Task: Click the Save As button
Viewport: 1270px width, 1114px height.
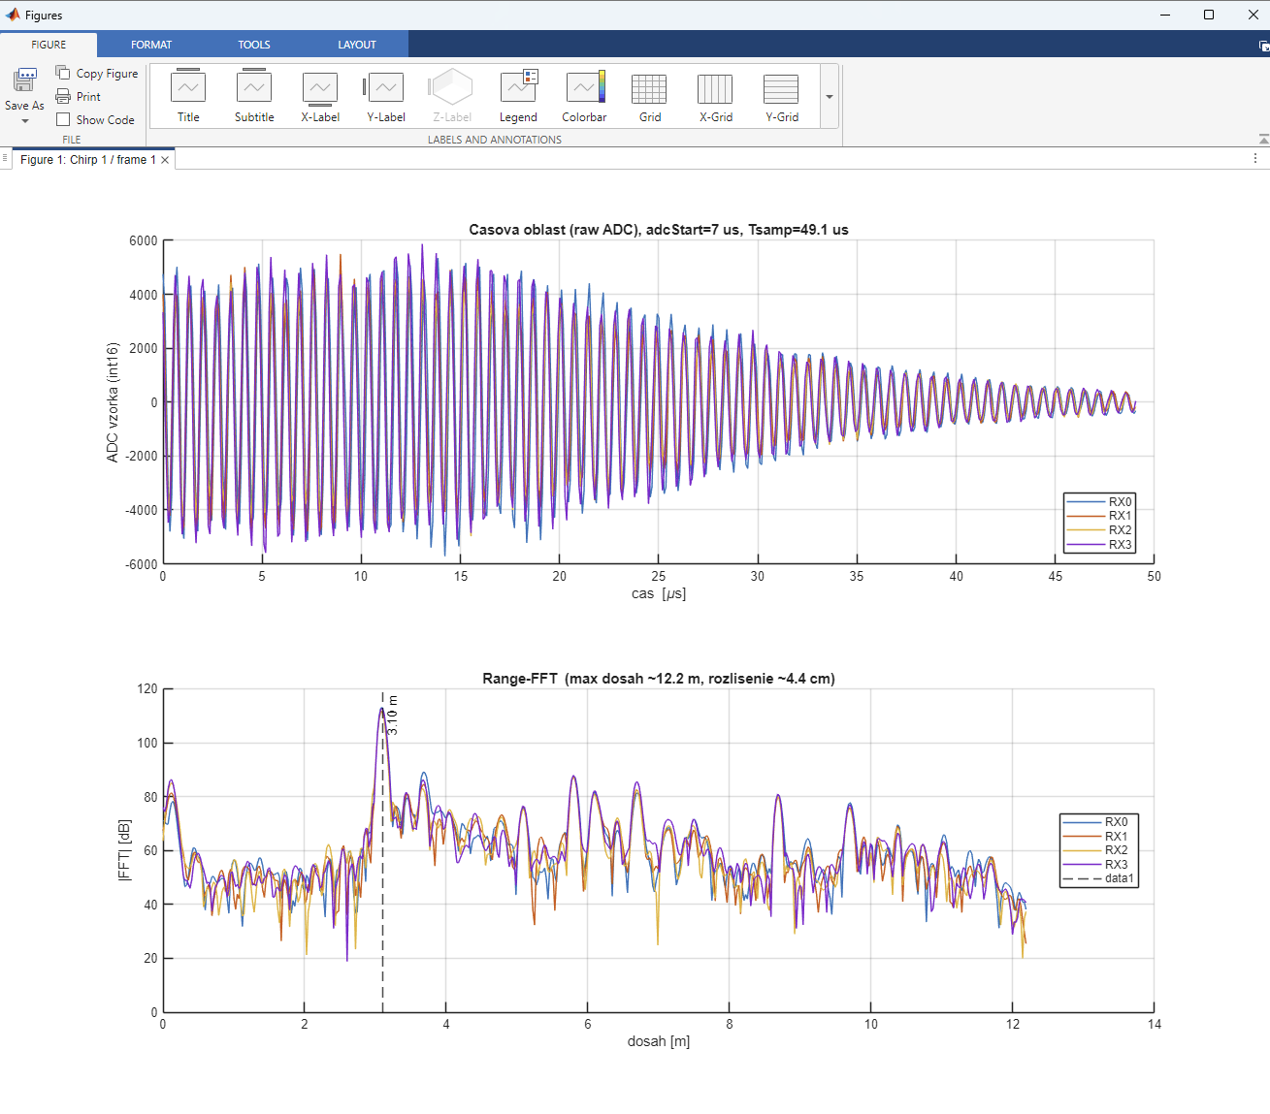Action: tap(24, 95)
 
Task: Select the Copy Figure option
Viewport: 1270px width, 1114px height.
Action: tap(96, 74)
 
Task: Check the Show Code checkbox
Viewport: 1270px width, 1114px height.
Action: tap(63, 119)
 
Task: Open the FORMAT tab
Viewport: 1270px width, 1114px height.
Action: tap(151, 45)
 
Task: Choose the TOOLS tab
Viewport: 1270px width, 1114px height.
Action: tap(254, 45)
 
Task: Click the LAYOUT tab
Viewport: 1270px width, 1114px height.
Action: tap(357, 45)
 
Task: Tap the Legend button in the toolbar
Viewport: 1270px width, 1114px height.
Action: tap(518, 96)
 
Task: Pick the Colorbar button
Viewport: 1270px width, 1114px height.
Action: tap(584, 96)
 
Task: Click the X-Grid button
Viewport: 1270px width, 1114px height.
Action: tap(716, 96)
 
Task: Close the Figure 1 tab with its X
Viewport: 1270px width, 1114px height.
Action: tap(165, 160)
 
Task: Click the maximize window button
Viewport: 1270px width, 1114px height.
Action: tap(1209, 15)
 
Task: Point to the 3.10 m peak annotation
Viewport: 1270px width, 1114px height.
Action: tap(392, 715)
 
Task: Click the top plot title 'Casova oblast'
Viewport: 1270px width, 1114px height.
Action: tap(658, 230)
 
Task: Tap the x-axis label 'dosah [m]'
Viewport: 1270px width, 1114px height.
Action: tap(658, 1041)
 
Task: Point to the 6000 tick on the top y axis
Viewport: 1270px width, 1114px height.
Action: tap(143, 241)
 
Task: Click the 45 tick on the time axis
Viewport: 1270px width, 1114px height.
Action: tap(1055, 577)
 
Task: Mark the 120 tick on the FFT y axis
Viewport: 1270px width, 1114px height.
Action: tap(147, 689)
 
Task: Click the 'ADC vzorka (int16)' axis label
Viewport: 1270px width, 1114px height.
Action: tap(113, 402)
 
